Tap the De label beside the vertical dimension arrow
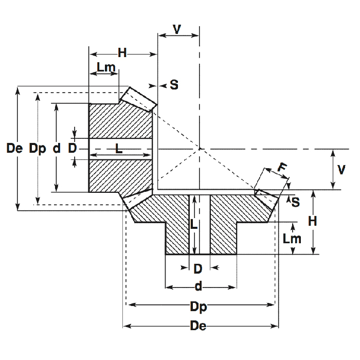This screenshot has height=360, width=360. pos(15,149)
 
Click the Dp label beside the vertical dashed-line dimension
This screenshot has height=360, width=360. pos(38,149)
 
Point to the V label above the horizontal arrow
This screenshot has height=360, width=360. pos(177,29)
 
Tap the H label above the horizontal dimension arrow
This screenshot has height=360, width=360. pos(122,52)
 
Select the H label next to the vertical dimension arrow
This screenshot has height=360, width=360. pos(312,221)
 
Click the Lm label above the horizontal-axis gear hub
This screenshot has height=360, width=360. pos(106,67)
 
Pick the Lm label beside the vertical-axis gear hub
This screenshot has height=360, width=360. pos(292,239)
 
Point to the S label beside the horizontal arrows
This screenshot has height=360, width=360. pos(174,85)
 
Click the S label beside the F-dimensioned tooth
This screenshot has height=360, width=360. pos(296,202)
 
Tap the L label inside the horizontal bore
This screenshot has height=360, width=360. pos(119,149)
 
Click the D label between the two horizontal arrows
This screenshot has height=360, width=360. pos(73,148)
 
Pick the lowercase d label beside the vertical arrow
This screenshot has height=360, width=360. pos(57,149)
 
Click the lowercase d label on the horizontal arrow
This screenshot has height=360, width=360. pos(198,287)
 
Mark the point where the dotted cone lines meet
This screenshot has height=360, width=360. pos(200,149)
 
